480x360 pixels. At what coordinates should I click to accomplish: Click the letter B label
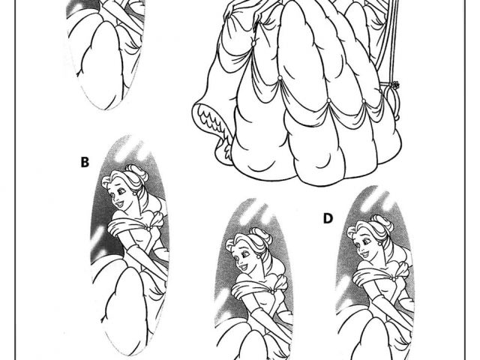click(85, 162)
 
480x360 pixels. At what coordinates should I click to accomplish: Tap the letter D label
click(328, 218)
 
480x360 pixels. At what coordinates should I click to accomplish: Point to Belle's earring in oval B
click(135, 193)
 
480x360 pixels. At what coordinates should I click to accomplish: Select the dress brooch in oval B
click(148, 229)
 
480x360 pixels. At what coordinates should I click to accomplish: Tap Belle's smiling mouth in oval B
click(119, 203)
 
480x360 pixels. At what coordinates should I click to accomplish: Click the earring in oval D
click(380, 244)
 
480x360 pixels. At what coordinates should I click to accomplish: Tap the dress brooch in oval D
click(394, 279)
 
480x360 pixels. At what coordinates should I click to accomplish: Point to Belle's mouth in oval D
click(364, 254)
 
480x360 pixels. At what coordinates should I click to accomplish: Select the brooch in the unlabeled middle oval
click(272, 292)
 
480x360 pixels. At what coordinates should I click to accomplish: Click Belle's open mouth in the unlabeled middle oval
click(243, 267)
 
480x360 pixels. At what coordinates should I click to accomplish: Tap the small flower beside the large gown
click(395, 85)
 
